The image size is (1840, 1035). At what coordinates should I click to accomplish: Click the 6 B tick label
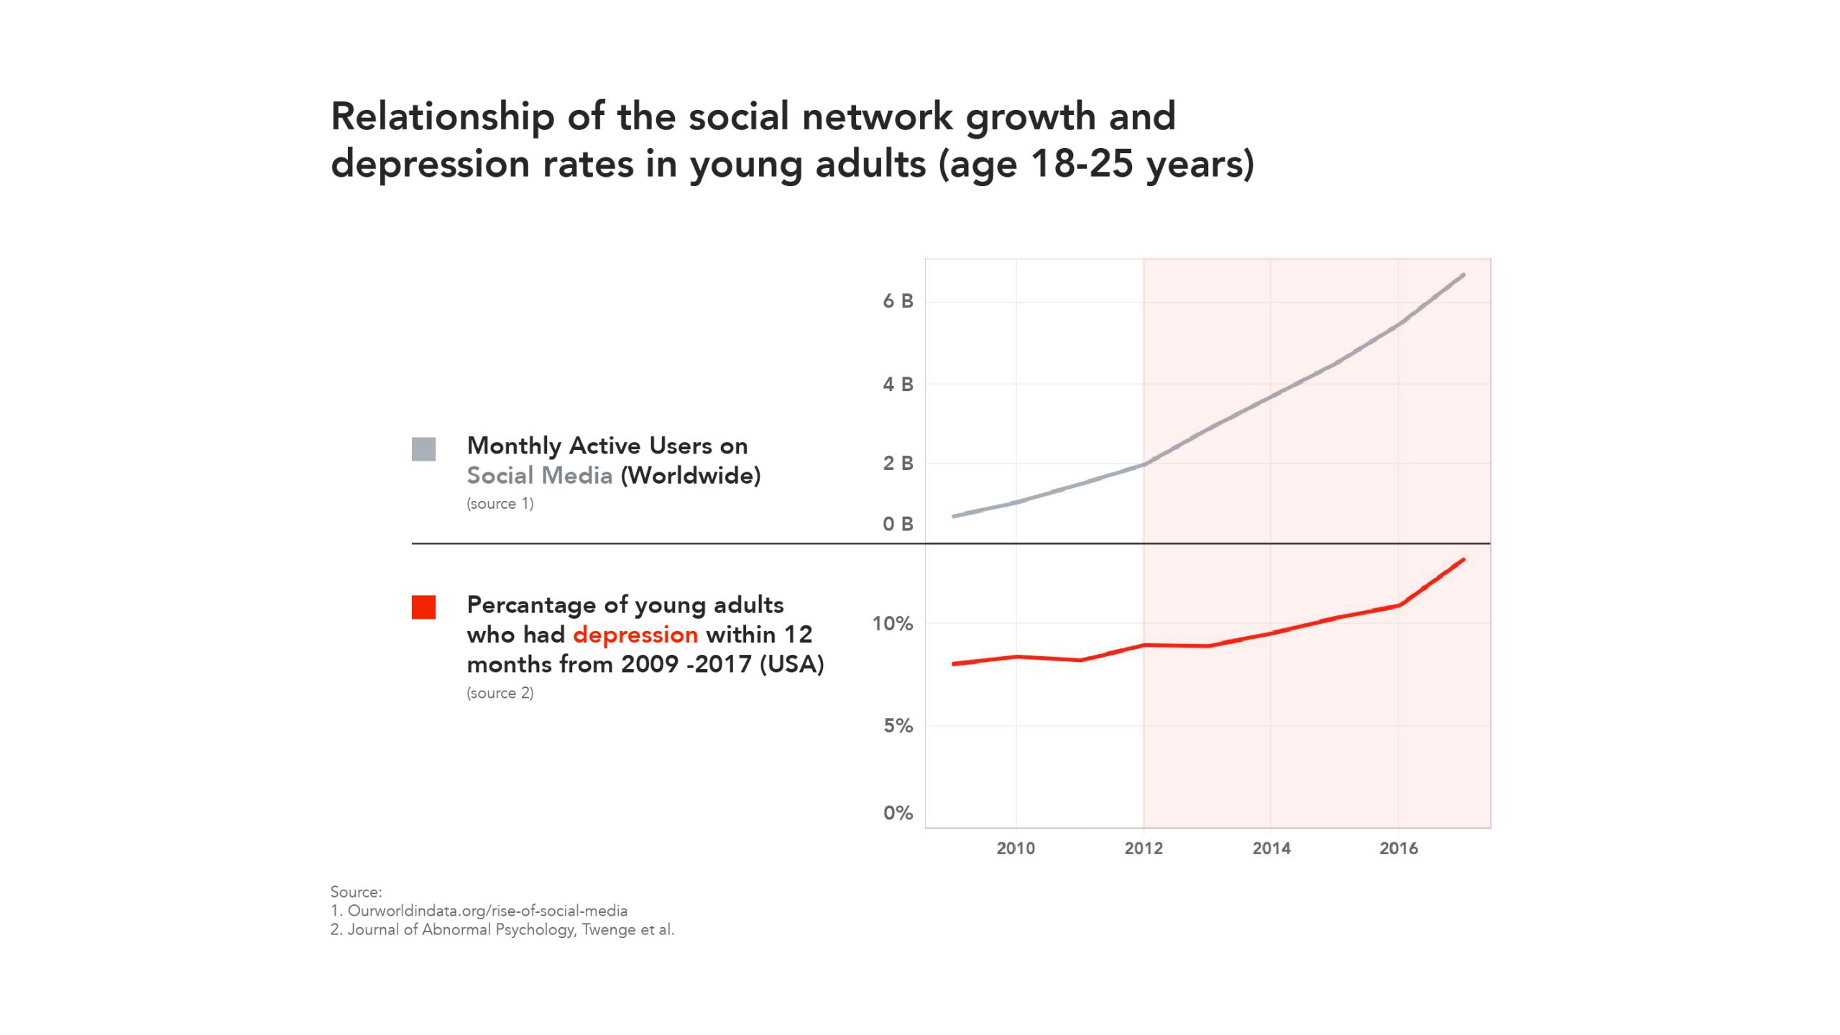(x=898, y=301)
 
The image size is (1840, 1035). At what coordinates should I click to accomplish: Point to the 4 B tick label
(x=898, y=385)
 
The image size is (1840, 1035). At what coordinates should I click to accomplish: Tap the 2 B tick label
(x=898, y=464)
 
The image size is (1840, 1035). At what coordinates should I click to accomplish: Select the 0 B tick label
(x=898, y=524)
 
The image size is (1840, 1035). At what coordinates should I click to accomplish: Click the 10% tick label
(x=893, y=624)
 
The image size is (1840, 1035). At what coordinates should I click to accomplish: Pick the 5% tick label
(x=898, y=726)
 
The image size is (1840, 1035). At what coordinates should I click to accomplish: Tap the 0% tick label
(x=898, y=813)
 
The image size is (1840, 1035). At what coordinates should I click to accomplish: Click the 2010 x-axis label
(x=1016, y=848)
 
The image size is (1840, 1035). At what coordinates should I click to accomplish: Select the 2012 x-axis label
(x=1144, y=848)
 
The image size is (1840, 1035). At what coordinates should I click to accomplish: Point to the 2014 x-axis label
(x=1271, y=848)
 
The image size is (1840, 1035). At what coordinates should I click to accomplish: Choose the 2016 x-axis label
(x=1399, y=848)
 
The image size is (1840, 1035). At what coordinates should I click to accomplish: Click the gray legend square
(x=423, y=449)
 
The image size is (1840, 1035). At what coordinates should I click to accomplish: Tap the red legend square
(x=423, y=607)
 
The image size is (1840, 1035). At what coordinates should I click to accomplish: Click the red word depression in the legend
(x=635, y=635)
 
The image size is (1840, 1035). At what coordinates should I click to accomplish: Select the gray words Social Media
(x=540, y=476)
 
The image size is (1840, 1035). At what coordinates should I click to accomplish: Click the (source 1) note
(x=500, y=504)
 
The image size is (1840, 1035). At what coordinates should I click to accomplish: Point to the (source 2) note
(x=500, y=693)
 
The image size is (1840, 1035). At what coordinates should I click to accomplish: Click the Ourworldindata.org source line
(x=479, y=911)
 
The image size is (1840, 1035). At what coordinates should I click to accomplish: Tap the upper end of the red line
(x=1463, y=560)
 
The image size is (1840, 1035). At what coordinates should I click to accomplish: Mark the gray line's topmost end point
(x=1463, y=275)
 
